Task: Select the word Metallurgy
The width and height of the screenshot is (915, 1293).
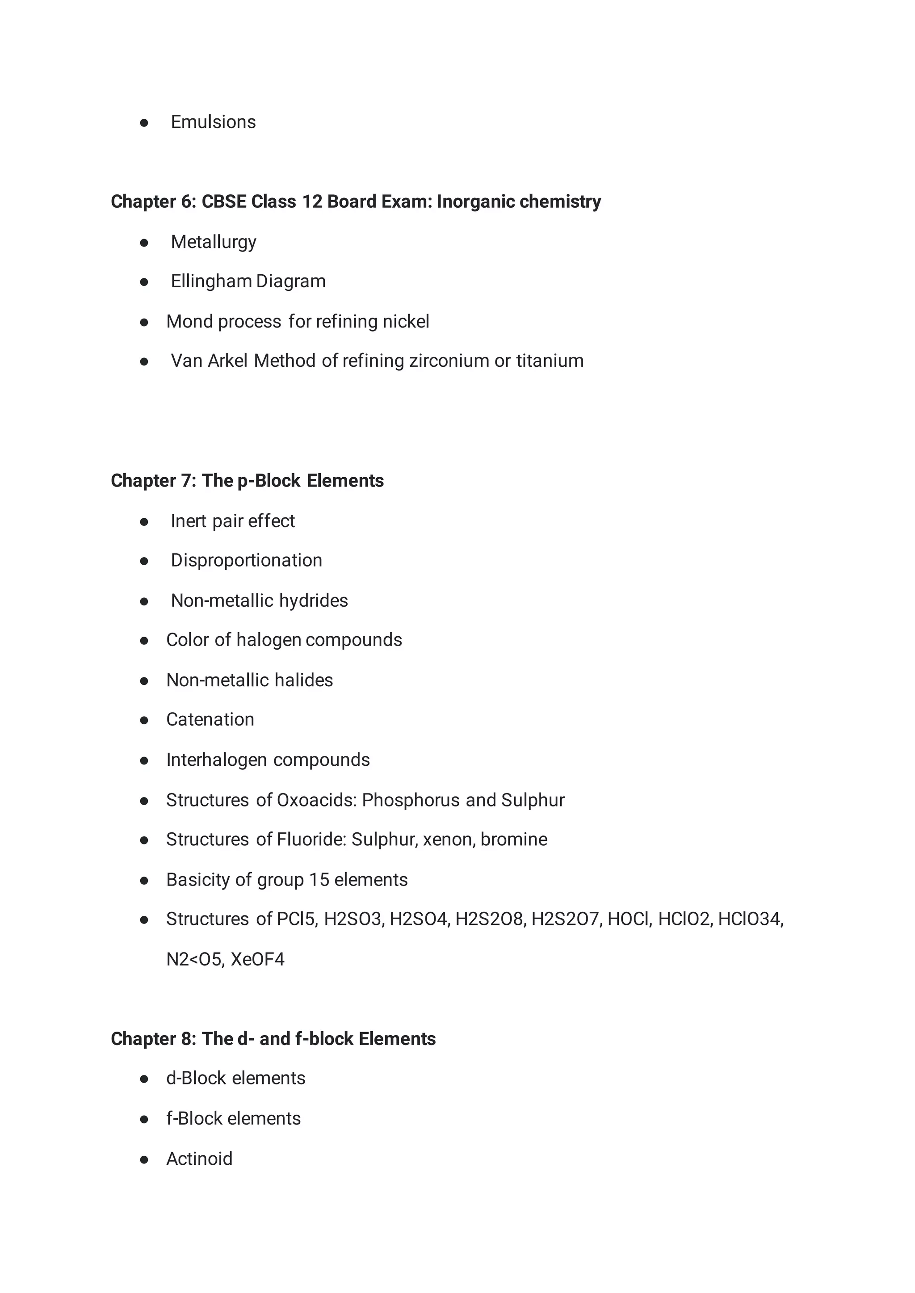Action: point(214,242)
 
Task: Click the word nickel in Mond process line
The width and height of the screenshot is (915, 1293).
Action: point(406,321)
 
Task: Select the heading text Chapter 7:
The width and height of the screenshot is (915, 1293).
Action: point(153,481)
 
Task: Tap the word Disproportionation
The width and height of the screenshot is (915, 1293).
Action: point(246,561)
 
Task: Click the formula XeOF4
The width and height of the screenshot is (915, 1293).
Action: point(257,959)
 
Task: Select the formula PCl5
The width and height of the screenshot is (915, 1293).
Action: point(297,919)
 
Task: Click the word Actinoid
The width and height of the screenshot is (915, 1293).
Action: point(199,1159)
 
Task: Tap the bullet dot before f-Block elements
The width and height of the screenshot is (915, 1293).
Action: point(144,1120)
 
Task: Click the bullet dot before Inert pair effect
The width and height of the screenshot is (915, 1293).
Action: point(144,522)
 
